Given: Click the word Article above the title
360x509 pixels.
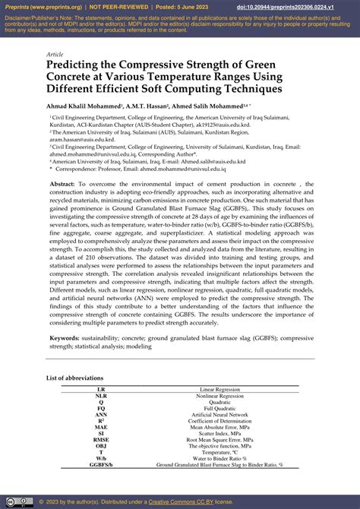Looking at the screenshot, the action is (55, 55).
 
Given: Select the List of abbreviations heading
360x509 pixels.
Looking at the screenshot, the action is (74, 378).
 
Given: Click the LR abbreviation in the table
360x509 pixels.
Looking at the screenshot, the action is (101, 389).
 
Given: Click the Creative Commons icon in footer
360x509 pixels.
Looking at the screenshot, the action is (11, 501).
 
